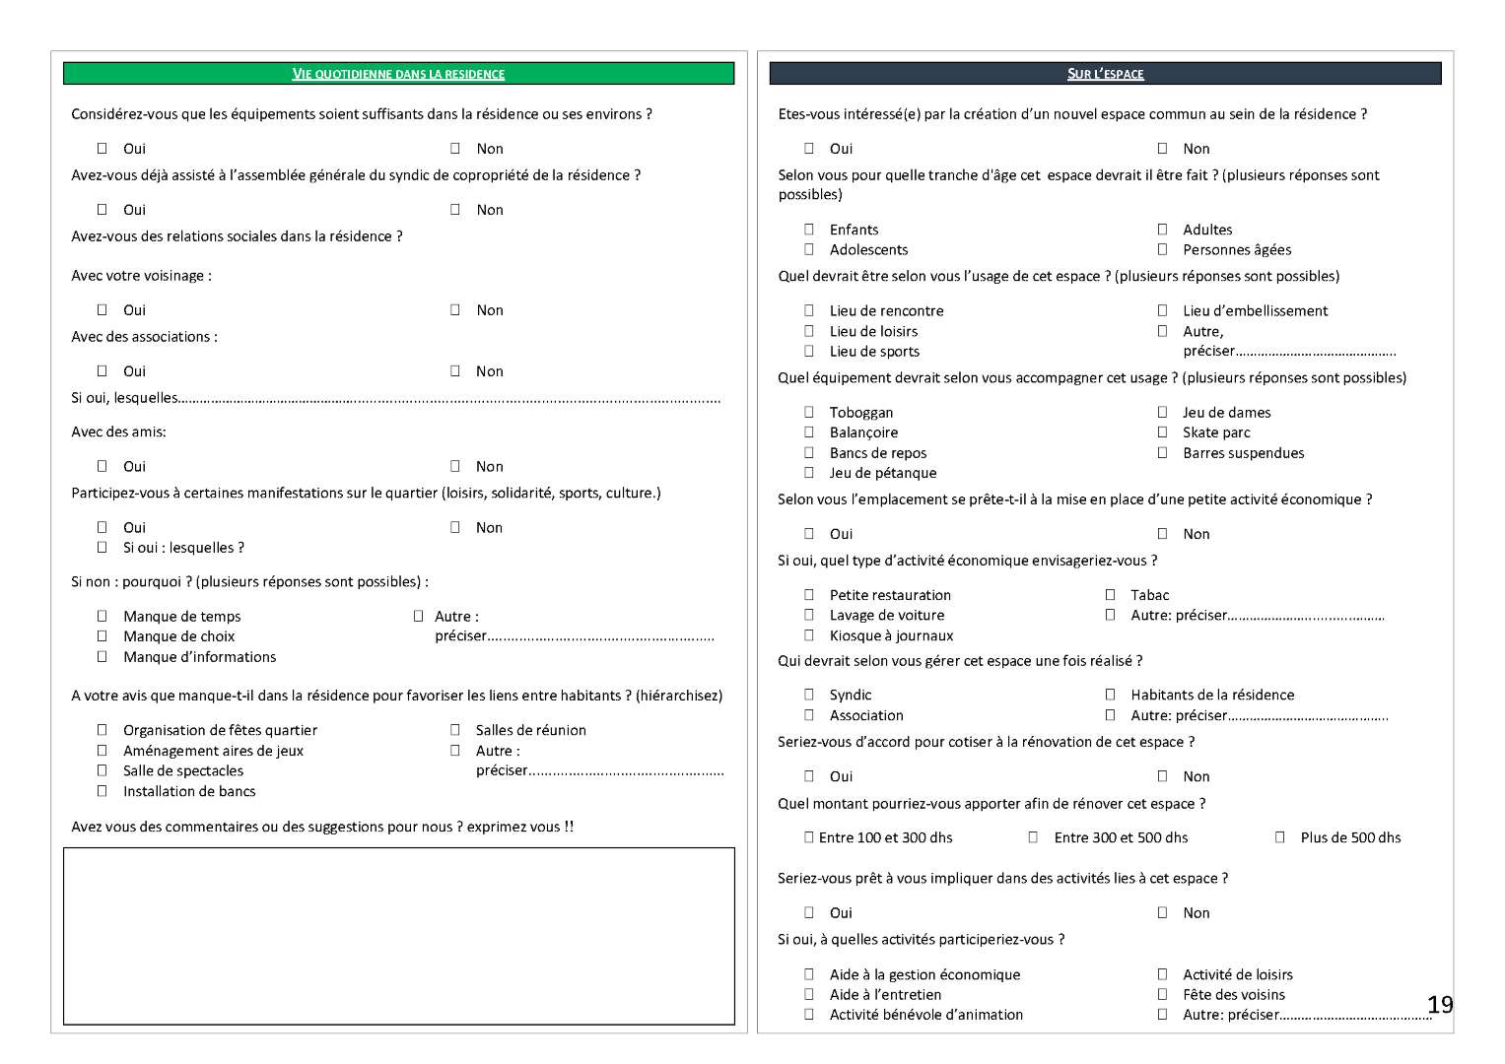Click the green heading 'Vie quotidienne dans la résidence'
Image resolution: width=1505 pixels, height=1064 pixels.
point(398,74)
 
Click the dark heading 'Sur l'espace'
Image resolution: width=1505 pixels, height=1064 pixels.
point(1105,74)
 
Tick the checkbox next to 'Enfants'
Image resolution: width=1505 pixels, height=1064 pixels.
point(809,230)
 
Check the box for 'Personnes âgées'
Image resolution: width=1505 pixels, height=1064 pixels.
point(1162,249)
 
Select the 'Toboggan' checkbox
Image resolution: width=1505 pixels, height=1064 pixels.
point(809,412)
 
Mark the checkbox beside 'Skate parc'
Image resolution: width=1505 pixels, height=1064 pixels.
point(1162,432)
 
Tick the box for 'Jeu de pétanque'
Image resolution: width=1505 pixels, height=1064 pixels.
point(809,473)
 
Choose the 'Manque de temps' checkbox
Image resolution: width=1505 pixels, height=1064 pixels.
point(102,616)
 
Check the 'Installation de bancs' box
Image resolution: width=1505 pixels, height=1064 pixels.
point(102,791)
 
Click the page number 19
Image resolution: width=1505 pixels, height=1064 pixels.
point(1440,1005)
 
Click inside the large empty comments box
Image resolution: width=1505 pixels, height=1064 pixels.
point(398,936)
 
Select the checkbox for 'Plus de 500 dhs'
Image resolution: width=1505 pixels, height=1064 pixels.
point(1279,837)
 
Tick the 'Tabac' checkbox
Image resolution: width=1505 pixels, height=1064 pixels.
point(1110,595)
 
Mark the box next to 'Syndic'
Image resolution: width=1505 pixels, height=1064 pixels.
point(809,695)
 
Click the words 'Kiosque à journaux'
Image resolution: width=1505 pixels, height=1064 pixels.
point(891,635)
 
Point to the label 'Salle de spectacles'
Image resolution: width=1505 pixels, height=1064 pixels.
point(182,770)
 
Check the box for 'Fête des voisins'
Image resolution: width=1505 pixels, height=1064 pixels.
point(1162,994)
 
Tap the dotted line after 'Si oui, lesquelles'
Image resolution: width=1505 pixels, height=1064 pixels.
point(449,399)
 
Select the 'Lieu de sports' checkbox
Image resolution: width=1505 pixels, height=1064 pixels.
point(809,351)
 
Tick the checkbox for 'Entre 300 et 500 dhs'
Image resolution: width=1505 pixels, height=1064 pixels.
point(1033,837)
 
